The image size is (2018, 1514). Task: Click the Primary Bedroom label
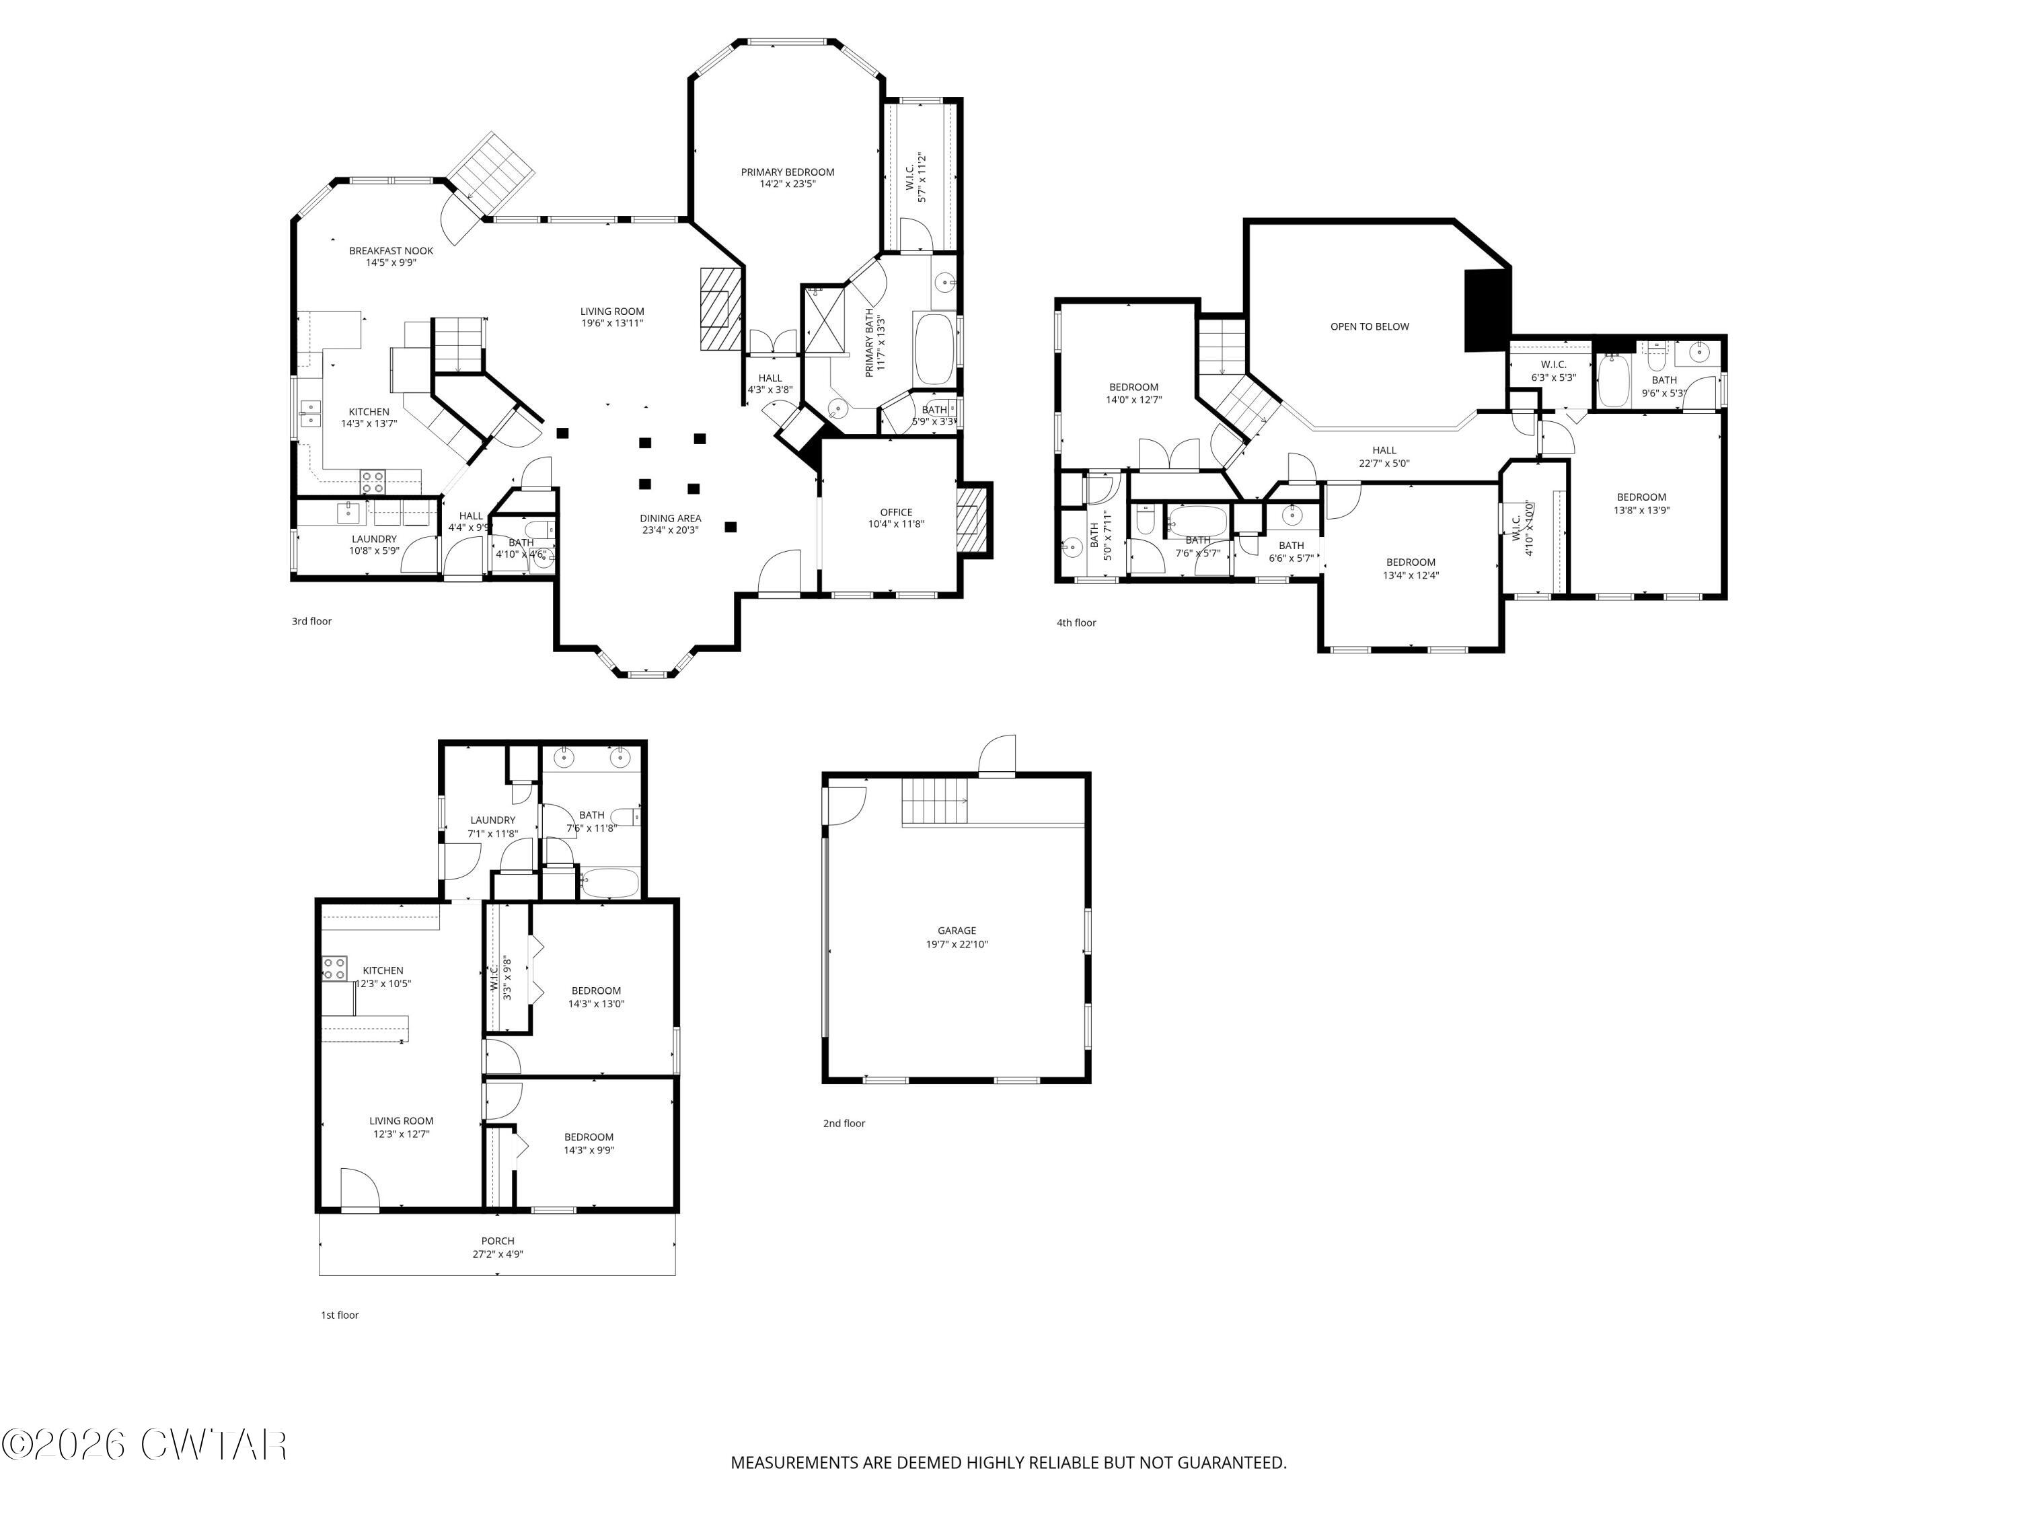pyautogui.click(x=787, y=172)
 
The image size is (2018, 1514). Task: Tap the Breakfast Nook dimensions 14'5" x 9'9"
pyautogui.click(x=391, y=264)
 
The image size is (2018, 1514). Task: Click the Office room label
pyautogui.click(x=896, y=512)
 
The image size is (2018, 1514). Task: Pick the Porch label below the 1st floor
pyautogui.click(x=498, y=1241)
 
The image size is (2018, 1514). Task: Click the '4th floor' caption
pyautogui.click(x=1076, y=623)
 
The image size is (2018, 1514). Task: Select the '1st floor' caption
pyautogui.click(x=340, y=1315)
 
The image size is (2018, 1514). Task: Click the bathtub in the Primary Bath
pyautogui.click(x=934, y=349)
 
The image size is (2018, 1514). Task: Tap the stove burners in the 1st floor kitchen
pyautogui.click(x=334, y=968)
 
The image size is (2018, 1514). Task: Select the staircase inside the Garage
pyautogui.click(x=935, y=800)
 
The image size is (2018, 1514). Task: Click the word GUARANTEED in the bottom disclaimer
pyautogui.click(x=1231, y=1462)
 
